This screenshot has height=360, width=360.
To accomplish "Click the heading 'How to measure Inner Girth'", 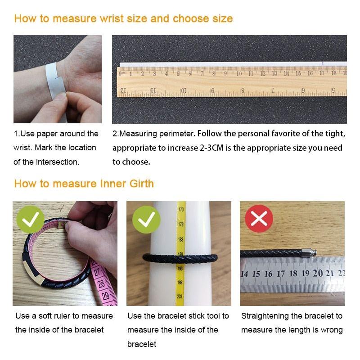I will (x=84, y=184).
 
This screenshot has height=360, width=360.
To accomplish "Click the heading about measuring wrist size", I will (x=123, y=18).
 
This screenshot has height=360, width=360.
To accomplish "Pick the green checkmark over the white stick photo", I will (x=146, y=219).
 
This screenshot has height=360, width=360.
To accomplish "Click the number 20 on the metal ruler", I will (x=318, y=273).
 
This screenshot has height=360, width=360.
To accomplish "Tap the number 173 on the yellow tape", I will (x=180, y=210).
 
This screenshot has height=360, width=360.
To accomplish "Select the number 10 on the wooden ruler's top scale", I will (x=238, y=73).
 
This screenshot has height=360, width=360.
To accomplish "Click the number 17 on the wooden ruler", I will (x=322, y=73).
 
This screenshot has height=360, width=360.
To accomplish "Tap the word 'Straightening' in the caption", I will (x=263, y=316).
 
